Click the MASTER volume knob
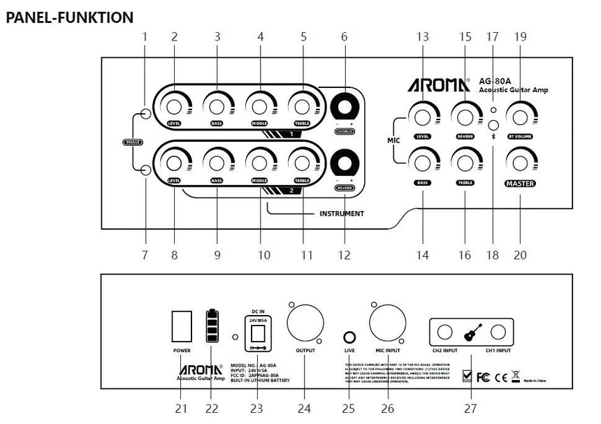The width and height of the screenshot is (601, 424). pos(519,163)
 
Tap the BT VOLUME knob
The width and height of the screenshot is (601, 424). pos(519,113)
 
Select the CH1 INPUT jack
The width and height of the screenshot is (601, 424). pos(498,330)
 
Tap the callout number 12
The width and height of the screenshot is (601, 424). pos(343,256)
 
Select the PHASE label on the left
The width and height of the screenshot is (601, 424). pos(132,142)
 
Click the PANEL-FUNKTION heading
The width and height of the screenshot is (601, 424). pos(69,17)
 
